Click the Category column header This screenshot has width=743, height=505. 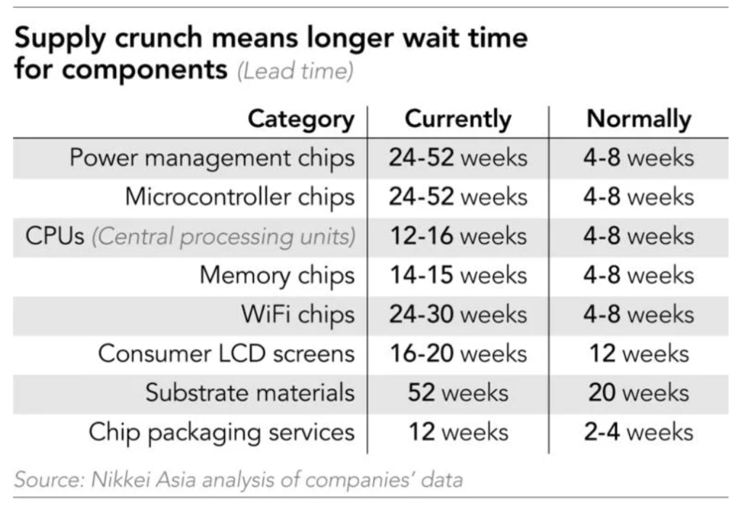click(x=301, y=119)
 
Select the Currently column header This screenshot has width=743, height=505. click(x=457, y=119)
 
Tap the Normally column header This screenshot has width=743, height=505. click(x=639, y=119)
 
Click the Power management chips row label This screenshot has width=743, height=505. click(x=212, y=157)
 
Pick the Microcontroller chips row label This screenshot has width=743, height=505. click(x=239, y=197)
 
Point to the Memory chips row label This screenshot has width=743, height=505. click(x=277, y=276)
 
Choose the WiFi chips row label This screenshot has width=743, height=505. click(x=298, y=315)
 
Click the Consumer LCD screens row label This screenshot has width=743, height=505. click(x=226, y=354)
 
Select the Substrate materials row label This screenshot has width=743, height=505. click(x=250, y=393)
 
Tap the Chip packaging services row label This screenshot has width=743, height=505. click(x=221, y=432)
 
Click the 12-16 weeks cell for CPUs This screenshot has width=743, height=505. click(x=457, y=237)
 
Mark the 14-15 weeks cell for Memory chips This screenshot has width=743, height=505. click(x=457, y=276)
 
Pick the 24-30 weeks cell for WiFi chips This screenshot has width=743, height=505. click(x=457, y=315)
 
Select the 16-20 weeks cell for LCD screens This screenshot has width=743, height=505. click(x=457, y=354)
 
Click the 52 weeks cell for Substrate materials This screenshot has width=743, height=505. click(x=457, y=393)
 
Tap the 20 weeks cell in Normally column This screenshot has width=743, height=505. click(x=639, y=393)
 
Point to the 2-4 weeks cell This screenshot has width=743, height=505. click(x=639, y=432)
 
